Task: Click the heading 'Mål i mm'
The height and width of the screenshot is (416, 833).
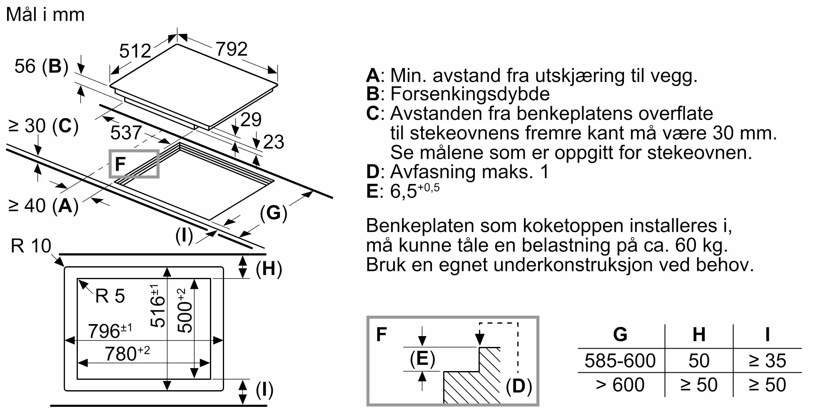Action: tap(45, 15)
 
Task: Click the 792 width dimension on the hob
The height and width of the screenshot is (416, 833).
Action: tap(232, 49)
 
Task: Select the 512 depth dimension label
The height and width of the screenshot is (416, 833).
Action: tap(135, 51)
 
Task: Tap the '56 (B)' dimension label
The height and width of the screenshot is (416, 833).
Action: tap(41, 66)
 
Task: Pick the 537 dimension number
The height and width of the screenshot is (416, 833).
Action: tap(126, 133)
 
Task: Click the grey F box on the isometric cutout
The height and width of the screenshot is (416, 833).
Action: tap(134, 164)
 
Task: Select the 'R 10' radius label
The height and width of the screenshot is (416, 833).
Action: tap(31, 246)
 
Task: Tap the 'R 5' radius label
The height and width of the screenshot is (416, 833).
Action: tap(110, 296)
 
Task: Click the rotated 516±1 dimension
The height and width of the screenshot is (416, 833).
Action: tap(157, 306)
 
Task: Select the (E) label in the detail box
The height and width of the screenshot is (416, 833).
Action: tap(422, 359)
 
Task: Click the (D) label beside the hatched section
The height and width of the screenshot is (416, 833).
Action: tap(519, 386)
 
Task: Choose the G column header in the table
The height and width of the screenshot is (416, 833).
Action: tap(620, 334)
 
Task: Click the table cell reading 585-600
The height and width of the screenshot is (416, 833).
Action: tap(620, 361)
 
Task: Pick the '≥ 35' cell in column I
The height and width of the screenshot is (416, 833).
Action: tap(767, 361)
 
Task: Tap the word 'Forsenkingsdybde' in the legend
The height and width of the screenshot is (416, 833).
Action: tap(470, 94)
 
